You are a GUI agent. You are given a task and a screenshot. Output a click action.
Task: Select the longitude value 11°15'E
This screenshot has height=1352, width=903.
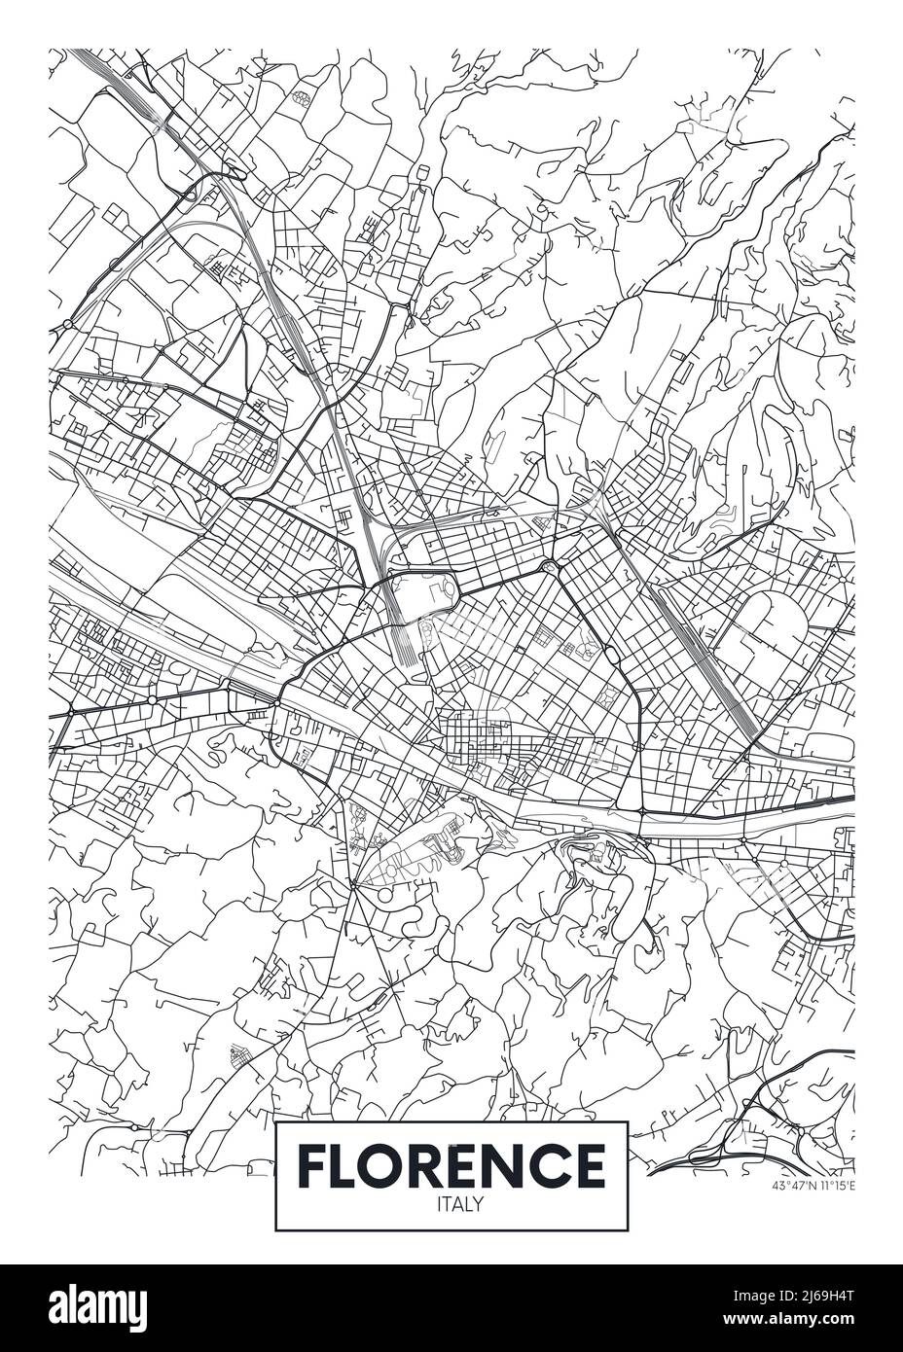(835, 1186)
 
